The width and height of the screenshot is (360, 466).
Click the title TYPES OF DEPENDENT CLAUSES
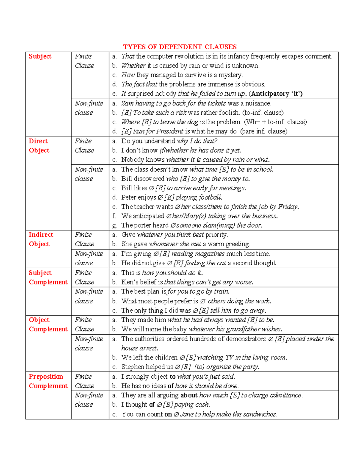point(180,47)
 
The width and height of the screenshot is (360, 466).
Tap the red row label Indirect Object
point(40,239)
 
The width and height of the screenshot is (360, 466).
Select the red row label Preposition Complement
point(48,381)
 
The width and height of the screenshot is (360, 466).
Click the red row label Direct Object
point(39,146)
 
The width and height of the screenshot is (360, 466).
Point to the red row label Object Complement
point(48,324)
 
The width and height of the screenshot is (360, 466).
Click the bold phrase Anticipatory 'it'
point(275,94)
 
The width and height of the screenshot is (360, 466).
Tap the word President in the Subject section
point(169,131)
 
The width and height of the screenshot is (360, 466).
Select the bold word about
point(189,395)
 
